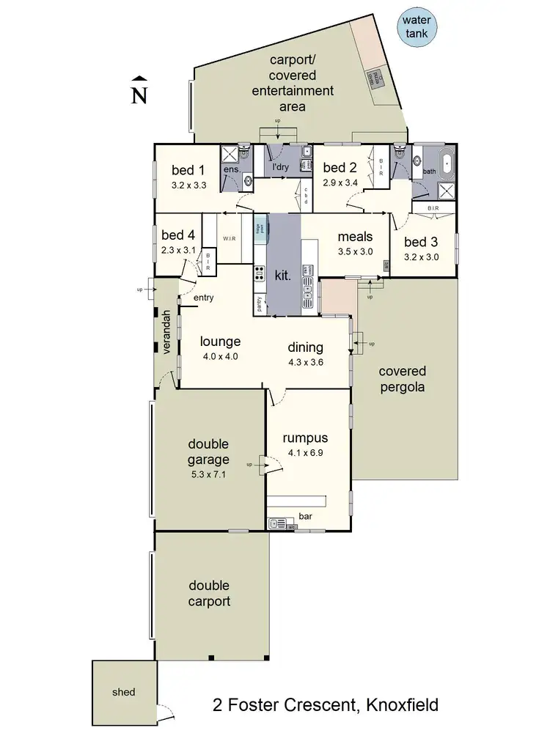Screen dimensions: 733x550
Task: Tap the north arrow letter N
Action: (x=138, y=95)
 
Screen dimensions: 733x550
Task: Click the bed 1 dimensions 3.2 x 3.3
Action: (x=188, y=185)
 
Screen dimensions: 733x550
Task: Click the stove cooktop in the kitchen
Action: (x=259, y=274)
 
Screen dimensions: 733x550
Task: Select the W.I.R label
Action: (x=229, y=238)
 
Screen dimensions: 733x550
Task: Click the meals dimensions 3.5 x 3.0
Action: (x=355, y=251)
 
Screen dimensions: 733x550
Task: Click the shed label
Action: (x=123, y=692)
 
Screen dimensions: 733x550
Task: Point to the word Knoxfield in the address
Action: (x=398, y=705)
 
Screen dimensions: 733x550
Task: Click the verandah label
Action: (x=166, y=333)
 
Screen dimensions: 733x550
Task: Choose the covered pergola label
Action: (x=403, y=379)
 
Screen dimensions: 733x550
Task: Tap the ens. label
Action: (x=232, y=170)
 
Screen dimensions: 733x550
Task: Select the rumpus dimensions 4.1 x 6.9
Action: (x=304, y=453)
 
